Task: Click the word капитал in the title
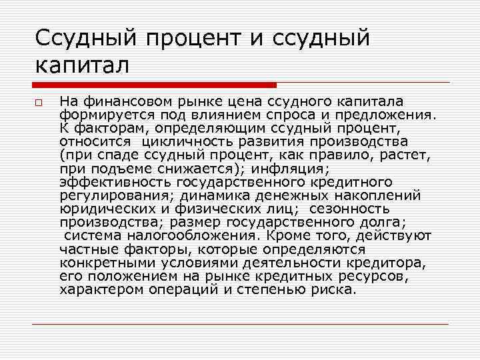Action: [81, 66]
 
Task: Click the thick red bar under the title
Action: [154, 85]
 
